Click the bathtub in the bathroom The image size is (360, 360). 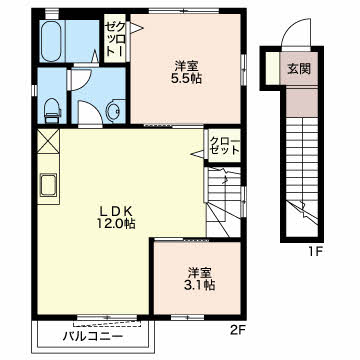point(52,41)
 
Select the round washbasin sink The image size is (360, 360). point(114,109)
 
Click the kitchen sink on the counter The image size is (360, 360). point(49,185)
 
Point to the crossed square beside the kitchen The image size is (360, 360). point(49,141)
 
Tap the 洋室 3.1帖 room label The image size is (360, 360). point(200,279)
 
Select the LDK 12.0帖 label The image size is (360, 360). point(116,217)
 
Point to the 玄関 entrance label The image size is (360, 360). point(299,68)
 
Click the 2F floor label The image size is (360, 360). point(238,331)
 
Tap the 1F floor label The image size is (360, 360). point(313,251)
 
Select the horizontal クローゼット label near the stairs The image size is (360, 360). point(225,146)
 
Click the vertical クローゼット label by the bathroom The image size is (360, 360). point(115,38)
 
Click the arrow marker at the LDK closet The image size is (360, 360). point(197,154)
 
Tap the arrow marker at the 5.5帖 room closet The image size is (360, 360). point(136,28)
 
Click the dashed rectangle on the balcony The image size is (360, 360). point(107,324)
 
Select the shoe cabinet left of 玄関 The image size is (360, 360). point(273,68)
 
